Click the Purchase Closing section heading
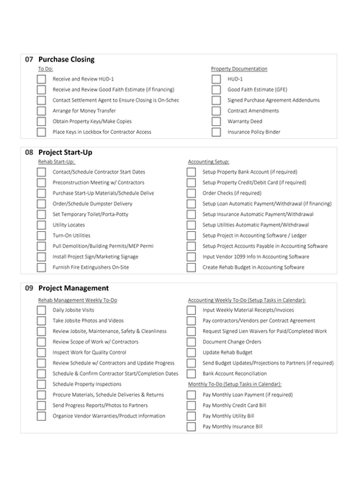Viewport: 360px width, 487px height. (x=66, y=59)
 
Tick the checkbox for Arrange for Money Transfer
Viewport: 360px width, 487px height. (x=42, y=111)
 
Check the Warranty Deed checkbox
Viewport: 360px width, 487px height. (x=216, y=122)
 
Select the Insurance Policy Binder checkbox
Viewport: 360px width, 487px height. (x=216, y=133)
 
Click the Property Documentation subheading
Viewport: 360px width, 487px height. (x=239, y=69)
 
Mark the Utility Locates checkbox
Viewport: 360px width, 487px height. (x=42, y=225)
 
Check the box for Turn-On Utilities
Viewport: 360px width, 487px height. (x=42, y=236)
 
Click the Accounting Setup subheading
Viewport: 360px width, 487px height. (x=208, y=162)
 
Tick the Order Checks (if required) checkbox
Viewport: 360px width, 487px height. (x=192, y=193)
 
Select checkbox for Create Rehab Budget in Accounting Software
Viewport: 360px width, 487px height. (x=192, y=267)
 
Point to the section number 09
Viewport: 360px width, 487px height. (x=29, y=288)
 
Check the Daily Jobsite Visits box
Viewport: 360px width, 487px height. (x=42, y=310)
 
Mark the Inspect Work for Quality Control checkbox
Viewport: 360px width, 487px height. (x=42, y=352)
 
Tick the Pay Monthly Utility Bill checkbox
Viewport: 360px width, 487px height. (x=192, y=416)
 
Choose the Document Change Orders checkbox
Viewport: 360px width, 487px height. (x=192, y=341)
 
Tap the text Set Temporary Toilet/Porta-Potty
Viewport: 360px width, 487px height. (x=91, y=214)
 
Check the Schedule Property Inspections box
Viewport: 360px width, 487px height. (x=42, y=384)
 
